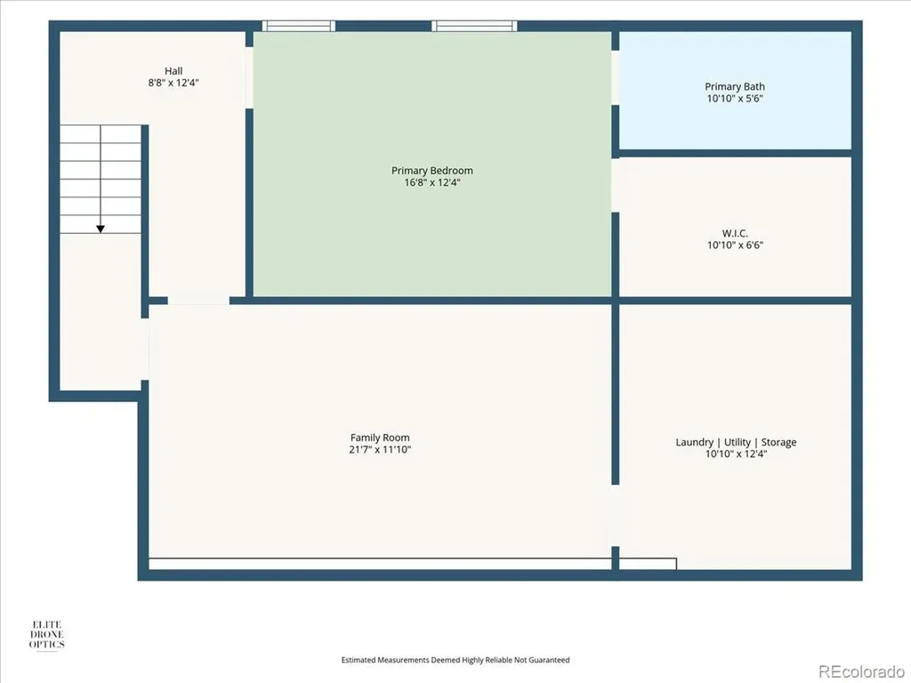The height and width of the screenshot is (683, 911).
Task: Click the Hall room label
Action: pos(173,71)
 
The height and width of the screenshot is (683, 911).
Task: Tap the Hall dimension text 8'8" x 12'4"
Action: pos(173,83)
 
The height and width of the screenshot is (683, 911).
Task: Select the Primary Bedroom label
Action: pos(431,171)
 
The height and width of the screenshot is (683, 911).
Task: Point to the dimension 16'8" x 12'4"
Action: pos(431,182)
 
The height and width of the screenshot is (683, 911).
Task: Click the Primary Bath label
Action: pos(735,86)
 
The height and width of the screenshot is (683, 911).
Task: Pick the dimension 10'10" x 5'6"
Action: pos(735,99)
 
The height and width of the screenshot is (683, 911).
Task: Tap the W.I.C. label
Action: pos(735,234)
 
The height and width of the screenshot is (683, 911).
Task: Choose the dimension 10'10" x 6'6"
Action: pos(735,245)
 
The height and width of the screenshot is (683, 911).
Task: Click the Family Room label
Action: pos(380,438)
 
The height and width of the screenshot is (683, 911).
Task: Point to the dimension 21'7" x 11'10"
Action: pos(380,449)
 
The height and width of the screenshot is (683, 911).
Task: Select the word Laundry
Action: pos(694,442)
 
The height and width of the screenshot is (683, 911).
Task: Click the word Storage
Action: pos(778,442)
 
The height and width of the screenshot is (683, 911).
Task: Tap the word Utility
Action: pos(738,442)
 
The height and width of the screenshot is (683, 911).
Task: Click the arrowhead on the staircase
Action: pos(101,229)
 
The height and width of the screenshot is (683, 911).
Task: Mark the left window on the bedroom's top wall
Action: pos(299,26)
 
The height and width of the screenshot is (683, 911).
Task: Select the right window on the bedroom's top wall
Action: pos(475,26)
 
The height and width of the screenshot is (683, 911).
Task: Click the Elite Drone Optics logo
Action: pos(47,635)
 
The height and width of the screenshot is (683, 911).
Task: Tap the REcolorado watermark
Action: pos(861,672)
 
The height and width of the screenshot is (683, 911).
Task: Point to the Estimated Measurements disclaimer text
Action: pos(455,660)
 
